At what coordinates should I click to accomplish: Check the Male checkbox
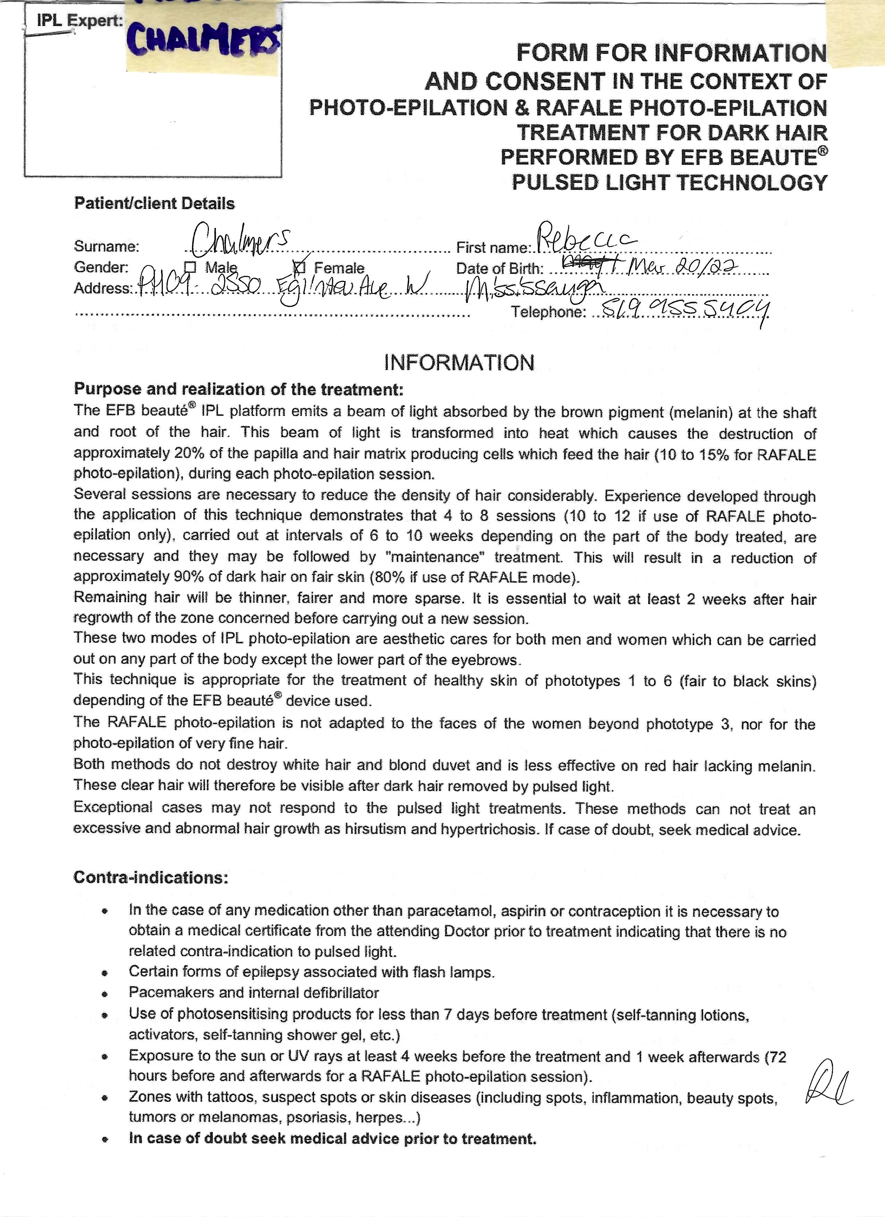190,267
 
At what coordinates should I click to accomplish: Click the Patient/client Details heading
154,203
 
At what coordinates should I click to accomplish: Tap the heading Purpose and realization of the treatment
238,389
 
